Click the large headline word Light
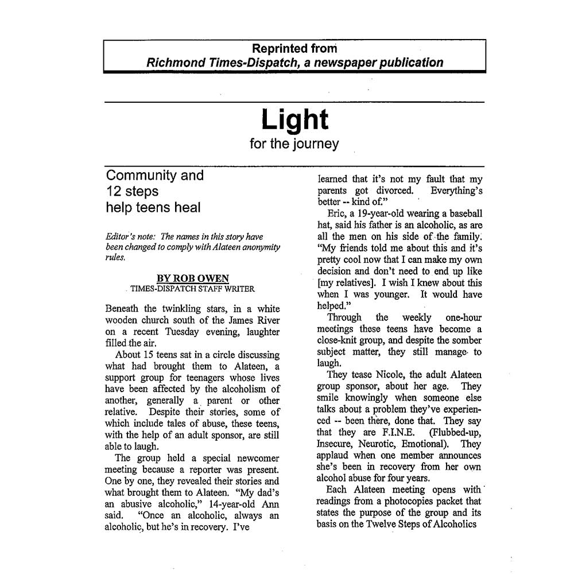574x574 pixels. coord(294,120)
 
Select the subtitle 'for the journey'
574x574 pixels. coord(294,143)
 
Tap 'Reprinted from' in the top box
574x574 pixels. coord(294,49)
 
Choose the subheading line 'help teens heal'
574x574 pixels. coord(153,208)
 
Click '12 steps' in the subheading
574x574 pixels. coord(132,191)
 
